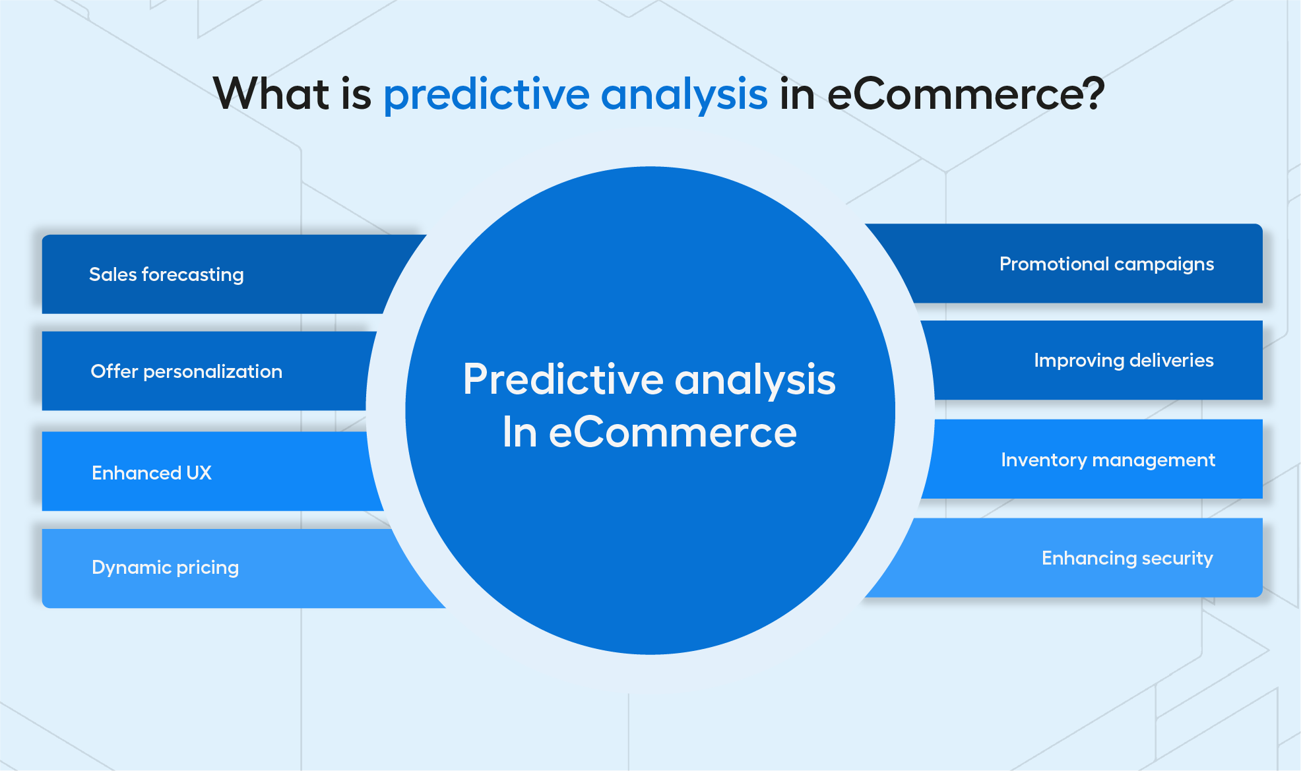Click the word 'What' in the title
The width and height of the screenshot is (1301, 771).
271,93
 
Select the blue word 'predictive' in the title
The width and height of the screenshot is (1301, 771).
486,95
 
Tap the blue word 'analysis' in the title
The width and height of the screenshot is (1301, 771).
684,96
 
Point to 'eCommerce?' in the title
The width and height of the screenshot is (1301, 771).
966,94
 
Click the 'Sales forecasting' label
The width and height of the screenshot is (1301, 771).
166,274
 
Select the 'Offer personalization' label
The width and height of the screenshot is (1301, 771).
187,371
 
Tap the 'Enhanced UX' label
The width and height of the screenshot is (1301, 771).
152,473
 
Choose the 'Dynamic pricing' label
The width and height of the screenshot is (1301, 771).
166,568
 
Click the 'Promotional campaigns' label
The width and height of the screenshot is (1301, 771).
1107,264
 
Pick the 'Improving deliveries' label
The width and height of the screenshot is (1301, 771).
1124,361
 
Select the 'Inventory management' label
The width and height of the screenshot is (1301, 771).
1108,460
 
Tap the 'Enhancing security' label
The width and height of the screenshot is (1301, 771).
1127,559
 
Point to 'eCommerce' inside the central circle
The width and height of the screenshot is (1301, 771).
673,433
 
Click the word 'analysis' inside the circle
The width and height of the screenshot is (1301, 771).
755,381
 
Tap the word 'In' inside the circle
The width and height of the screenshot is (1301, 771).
520,433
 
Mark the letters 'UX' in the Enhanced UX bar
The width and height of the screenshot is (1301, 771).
199,473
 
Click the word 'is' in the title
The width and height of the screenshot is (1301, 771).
357,94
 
